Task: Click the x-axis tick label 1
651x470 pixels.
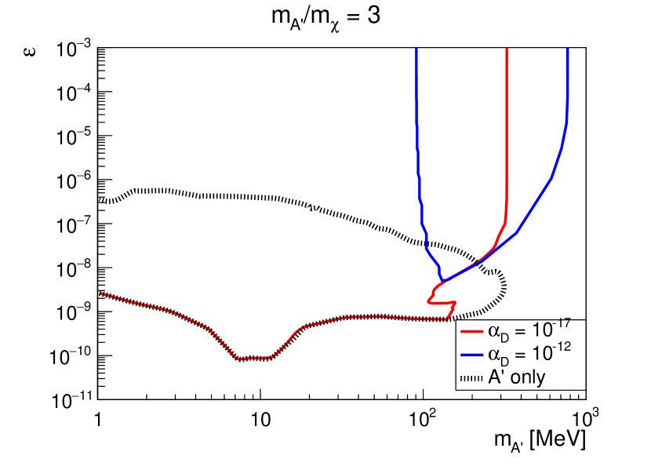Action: click(97, 417)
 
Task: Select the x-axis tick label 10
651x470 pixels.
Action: click(260, 417)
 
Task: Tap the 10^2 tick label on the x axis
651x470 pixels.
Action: click(424, 415)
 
